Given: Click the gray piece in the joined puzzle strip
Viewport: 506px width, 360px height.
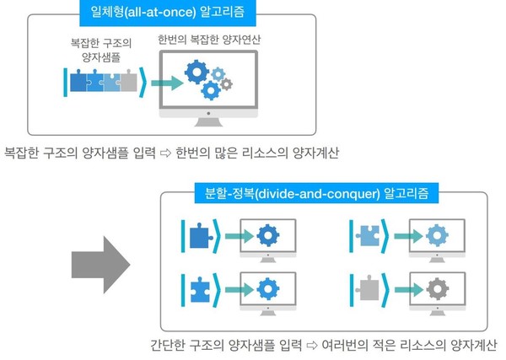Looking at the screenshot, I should (128, 83).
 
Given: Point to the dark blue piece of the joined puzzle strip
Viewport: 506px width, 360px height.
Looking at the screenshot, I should (78, 83).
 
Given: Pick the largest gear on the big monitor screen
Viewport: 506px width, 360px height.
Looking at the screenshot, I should (196, 73).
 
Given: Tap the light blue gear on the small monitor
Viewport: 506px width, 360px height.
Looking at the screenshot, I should (436, 234).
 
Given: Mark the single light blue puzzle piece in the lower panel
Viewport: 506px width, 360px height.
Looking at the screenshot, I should (367, 234).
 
